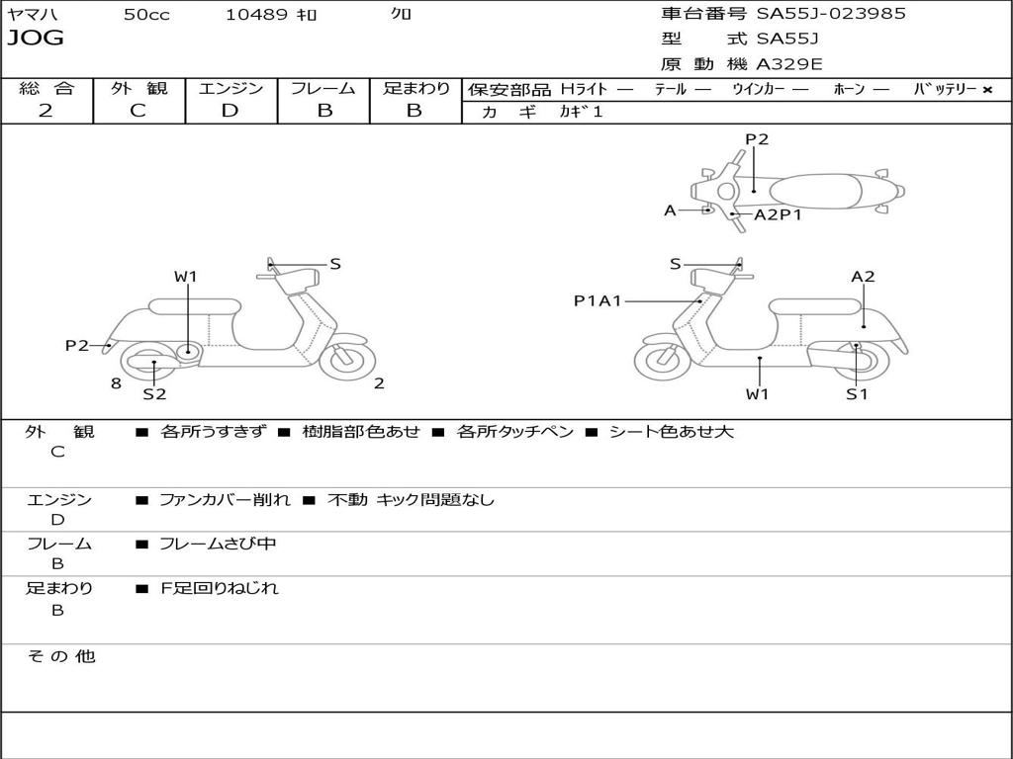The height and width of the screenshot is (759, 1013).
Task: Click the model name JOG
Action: (36, 39)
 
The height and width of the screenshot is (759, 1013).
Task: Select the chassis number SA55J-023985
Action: (831, 14)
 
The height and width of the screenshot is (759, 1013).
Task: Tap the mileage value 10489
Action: (256, 15)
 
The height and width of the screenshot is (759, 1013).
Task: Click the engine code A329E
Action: (789, 64)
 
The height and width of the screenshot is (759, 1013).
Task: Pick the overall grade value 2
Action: (46, 111)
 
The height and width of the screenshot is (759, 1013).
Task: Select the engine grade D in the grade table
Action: (230, 111)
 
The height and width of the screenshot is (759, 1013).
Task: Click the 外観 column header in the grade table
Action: (138, 88)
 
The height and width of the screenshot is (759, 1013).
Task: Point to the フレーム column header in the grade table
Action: (323, 88)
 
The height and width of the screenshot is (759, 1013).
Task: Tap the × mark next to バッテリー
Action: (987, 89)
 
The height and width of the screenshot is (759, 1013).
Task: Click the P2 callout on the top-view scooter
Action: (757, 139)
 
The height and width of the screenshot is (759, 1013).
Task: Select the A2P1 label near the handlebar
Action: (779, 214)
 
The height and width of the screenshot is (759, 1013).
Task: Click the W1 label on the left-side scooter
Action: (186, 277)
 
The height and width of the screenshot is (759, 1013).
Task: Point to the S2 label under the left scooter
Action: (154, 393)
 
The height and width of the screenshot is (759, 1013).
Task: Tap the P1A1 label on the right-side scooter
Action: (598, 300)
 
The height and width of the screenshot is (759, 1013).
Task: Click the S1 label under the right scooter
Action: (857, 393)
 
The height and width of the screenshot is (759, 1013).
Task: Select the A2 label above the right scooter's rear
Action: (863, 277)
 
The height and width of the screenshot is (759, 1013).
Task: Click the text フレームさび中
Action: (218, 544)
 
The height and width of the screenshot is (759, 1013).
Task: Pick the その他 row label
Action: (61, 656)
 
